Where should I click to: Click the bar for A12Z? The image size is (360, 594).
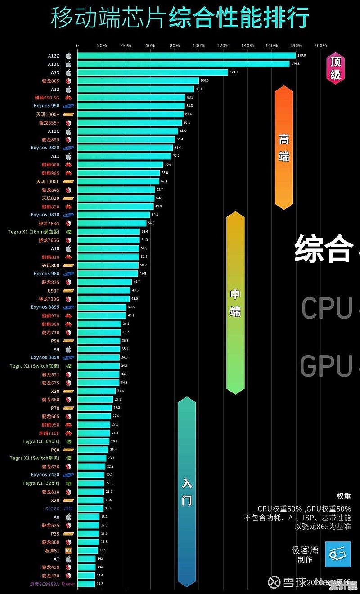186,56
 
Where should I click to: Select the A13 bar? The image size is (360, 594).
153,72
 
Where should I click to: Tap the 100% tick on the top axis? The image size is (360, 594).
199,45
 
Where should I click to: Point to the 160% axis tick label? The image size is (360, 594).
272,45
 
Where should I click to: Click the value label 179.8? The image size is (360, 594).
301,55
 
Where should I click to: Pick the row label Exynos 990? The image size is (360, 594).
46,106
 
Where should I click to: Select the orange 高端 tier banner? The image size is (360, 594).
284,148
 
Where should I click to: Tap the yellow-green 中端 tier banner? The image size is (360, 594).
235,302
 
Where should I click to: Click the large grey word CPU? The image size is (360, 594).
327,309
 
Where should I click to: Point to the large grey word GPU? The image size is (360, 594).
326,366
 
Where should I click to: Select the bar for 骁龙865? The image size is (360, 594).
138,81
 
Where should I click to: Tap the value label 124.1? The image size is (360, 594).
234,72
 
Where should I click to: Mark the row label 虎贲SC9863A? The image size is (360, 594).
44,584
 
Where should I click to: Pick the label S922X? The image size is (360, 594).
52,508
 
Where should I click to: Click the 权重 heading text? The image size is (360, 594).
344,496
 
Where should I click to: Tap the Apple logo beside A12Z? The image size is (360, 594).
68,56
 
